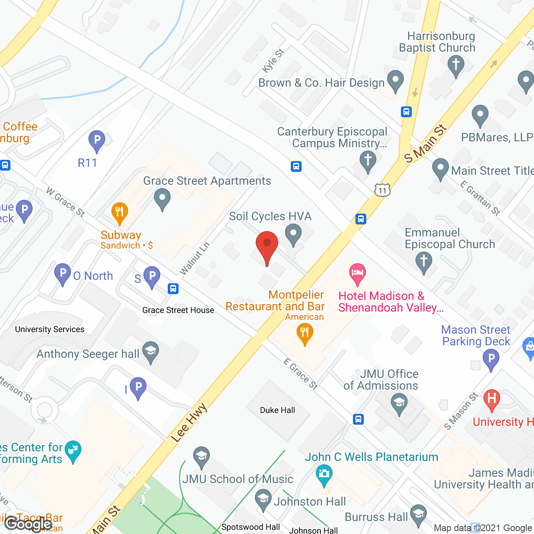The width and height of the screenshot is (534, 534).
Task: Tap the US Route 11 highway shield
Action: [382, 190]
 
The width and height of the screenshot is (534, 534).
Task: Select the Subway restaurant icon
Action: [119, 213]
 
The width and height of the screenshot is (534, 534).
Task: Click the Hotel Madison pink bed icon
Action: [358, 274]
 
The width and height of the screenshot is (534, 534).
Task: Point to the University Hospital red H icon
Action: [491, 399]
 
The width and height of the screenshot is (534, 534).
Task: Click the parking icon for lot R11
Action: [97, 141]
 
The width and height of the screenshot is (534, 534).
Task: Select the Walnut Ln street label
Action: [194, 259]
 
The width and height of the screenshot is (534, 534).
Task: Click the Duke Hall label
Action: [277, 411]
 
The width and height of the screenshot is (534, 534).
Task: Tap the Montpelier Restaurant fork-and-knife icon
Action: [305, 334]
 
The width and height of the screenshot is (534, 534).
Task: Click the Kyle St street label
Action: [273, 60]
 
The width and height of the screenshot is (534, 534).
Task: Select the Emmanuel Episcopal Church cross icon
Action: [424, 262]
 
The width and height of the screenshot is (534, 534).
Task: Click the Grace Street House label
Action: [178, 310]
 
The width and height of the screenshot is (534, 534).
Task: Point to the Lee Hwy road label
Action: [189, 422]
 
